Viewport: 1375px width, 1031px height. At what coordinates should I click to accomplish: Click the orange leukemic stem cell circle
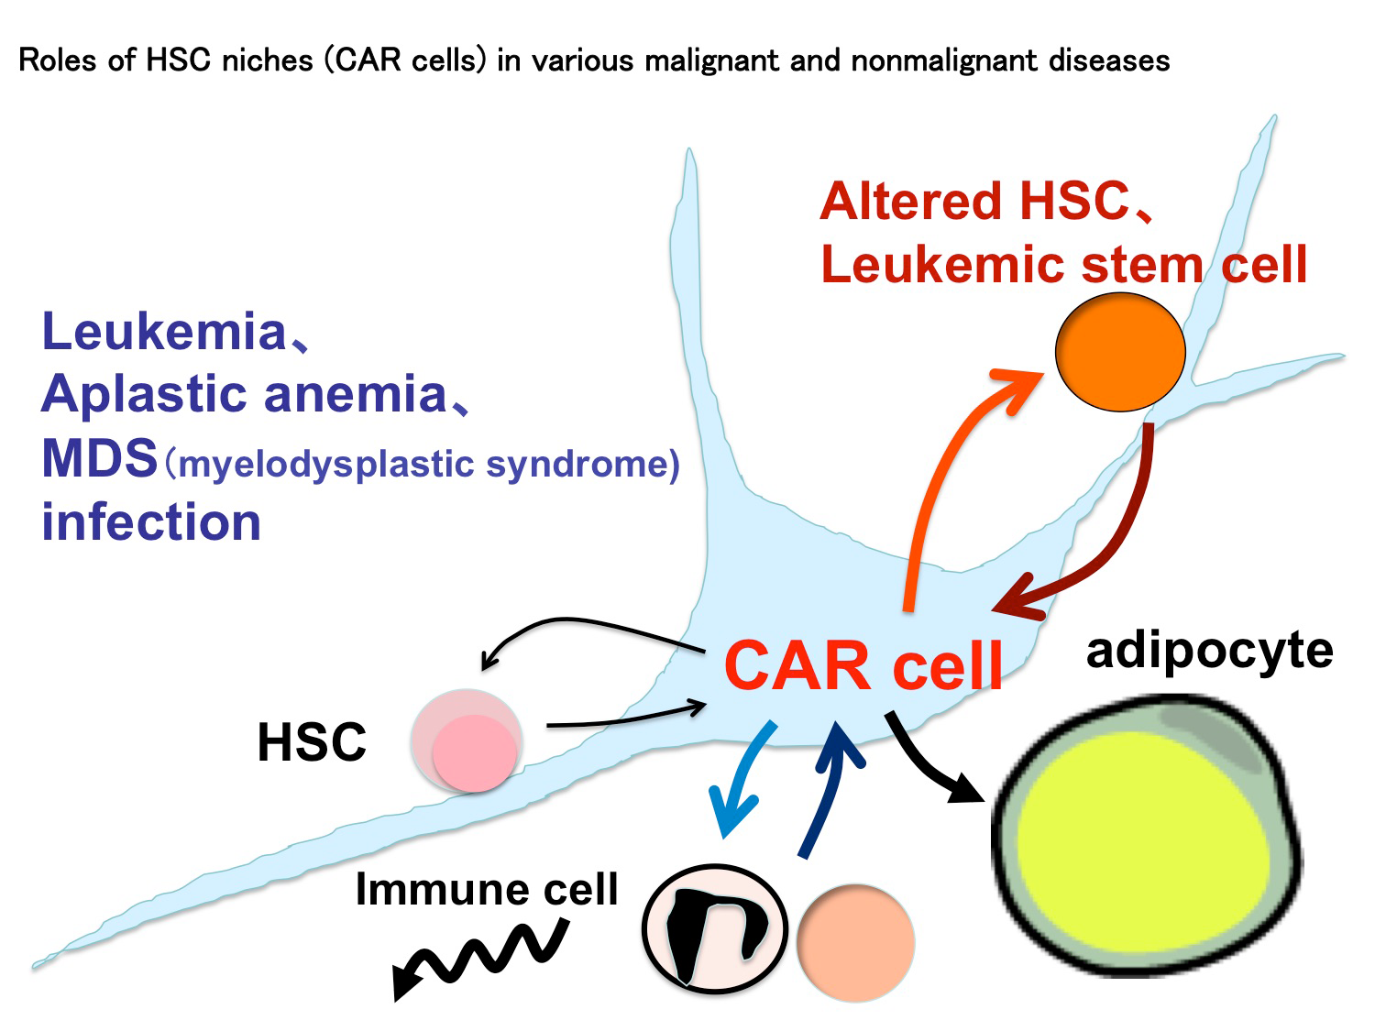point(1120,352)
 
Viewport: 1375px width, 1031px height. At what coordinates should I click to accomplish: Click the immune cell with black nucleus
point(715,928)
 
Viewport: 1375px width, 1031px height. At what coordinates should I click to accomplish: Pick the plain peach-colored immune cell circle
point(855,942)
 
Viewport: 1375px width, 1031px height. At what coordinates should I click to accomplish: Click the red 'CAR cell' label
point(863,666)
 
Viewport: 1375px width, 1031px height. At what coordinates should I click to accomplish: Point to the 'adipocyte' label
point(1209,651)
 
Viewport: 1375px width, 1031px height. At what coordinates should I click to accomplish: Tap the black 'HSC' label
point(312,742)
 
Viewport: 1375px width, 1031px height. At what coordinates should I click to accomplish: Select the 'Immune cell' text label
point(487,889)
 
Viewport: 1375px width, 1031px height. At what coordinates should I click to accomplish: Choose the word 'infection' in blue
point(152,522)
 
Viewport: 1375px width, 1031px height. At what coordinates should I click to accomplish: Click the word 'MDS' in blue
point(100,458)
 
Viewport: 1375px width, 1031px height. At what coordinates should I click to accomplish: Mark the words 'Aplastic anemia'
point(244,395)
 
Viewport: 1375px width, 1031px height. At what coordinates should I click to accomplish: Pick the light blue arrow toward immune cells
point(744,779)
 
